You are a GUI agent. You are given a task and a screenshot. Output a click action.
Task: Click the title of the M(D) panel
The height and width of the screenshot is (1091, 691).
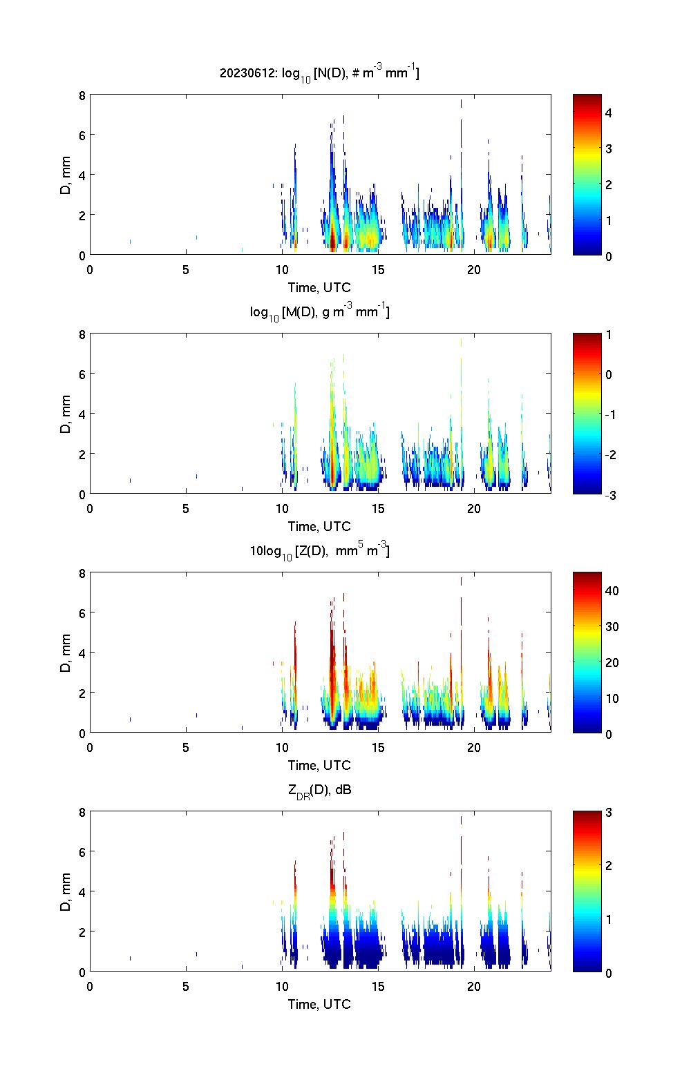tap(320, 312)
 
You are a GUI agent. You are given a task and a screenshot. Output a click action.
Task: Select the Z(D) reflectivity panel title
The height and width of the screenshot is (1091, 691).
tap(320, 551)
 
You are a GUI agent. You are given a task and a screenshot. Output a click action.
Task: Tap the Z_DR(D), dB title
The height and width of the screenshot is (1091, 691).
tap(320, 790)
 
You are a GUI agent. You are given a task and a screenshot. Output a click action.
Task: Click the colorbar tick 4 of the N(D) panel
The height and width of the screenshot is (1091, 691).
tap(609, 113)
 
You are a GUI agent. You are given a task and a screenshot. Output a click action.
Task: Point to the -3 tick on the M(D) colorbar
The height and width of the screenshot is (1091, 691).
tap(609, 494)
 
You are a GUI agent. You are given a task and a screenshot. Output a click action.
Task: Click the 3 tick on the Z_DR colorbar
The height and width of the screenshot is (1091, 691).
tap(609, 813)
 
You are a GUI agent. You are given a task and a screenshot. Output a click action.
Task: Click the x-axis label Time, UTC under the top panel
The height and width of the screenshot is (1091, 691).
tap(320, 287)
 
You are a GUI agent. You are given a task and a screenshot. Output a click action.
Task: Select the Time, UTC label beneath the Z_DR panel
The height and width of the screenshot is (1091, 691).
tap(320, 1004)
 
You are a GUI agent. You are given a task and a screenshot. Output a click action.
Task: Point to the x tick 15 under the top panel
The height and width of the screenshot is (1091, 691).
tap(378, 270)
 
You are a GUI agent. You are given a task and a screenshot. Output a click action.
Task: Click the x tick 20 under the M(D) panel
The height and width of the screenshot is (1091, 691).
tap(474, 509)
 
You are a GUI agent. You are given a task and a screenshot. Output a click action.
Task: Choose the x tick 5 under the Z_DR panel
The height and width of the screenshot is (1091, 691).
tap(186, 987)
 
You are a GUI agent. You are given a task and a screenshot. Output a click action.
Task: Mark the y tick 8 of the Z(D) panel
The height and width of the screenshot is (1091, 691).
tap(82, 573)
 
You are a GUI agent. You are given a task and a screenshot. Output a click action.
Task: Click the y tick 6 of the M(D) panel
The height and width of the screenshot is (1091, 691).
tap(82, 374)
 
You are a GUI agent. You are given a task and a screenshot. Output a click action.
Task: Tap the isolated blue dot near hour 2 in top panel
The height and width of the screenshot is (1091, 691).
tap(130, 242)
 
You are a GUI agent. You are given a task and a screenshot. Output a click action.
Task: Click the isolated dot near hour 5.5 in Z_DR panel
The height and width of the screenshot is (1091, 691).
tap(196, 954)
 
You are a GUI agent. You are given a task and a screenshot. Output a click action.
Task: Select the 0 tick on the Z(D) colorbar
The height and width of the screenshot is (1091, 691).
tap(609, 733)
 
